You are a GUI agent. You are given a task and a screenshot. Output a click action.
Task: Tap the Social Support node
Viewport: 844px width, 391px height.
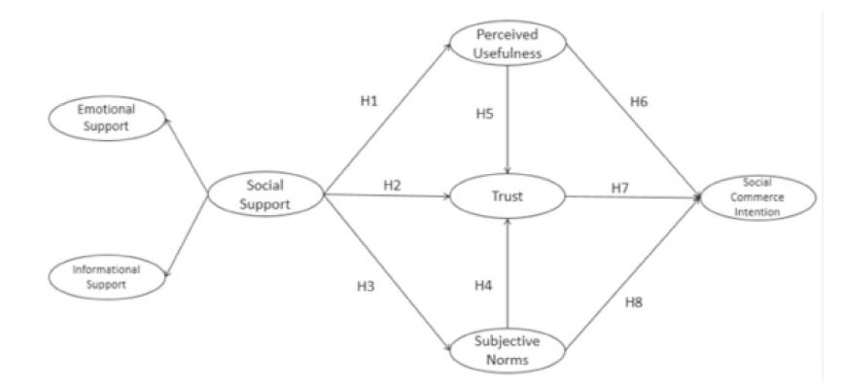pyautogui.click(x=265, y=195)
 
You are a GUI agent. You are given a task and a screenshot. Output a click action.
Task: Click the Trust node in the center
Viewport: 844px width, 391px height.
pyautogui.click(x=508, y=196)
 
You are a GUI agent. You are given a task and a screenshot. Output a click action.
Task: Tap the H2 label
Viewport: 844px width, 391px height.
pyautogui.click(x=392, y=184)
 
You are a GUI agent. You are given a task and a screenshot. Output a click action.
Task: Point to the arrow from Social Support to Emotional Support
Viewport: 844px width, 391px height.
pyautogui.click(x=187, y=154)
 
